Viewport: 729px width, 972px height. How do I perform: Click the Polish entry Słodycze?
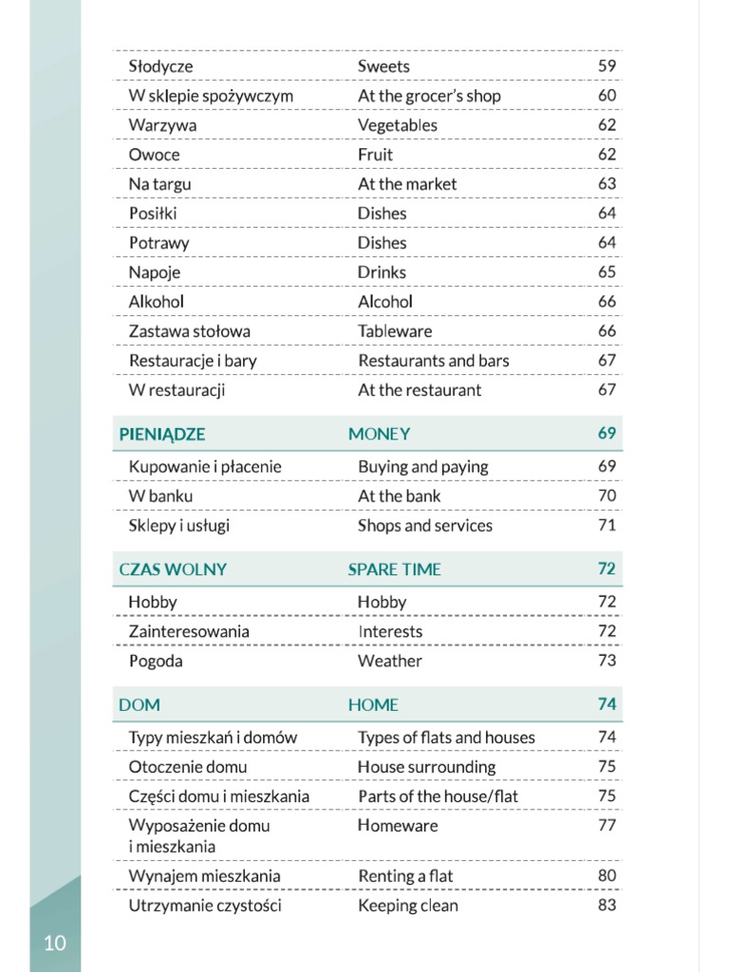(x=160, y=66)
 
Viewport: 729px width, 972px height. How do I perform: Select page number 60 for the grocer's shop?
(x=607, y=95)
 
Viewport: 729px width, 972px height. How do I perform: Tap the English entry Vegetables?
(x=397, y=125)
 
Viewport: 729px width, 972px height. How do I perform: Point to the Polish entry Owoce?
(x=154, y=155)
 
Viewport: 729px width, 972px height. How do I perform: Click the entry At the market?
(x=406, y=184)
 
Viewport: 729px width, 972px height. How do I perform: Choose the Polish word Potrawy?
(x=159, y=243)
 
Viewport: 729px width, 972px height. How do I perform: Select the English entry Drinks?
(x=382, y=272)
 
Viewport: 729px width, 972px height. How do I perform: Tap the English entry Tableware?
(x=394, y=331)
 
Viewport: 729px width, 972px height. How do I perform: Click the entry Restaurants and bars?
(x=433, y=361)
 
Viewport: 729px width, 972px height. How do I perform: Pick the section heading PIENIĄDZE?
(x=162, y=435)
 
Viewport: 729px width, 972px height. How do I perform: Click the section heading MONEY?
(x=379, y=435)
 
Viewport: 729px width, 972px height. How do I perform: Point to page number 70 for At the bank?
(x=607, y=495)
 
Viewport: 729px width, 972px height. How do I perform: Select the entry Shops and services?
(x=424, y=526)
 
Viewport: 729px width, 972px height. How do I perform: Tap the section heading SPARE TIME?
(x=394, y=570)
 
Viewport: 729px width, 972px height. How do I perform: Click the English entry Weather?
(x=389, y=661)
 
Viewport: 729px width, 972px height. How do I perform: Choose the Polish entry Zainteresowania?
(x=189, y=631)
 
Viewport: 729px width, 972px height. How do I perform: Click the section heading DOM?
(x=140, y=705)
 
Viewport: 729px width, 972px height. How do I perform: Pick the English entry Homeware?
(x=397, y=826)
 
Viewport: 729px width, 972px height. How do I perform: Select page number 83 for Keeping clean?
(x=607, y=906)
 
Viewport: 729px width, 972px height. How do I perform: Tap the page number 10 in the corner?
(x=55, y=943)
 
